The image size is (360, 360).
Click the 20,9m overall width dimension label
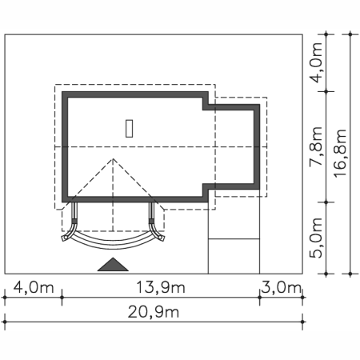(x=154, y=312)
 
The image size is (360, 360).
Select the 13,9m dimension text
(x=161, y=287)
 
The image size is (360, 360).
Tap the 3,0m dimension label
(x=281, y=287)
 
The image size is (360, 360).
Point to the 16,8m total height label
(x=340, y=153)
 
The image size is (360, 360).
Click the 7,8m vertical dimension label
(x=316, y=146)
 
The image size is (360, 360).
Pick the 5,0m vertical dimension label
(x=316, y=238)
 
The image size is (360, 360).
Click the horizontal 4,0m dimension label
(x=34, y=287)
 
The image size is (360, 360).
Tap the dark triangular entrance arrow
(x=113, y=265)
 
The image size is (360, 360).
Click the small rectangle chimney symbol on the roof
(x=130, y=129)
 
